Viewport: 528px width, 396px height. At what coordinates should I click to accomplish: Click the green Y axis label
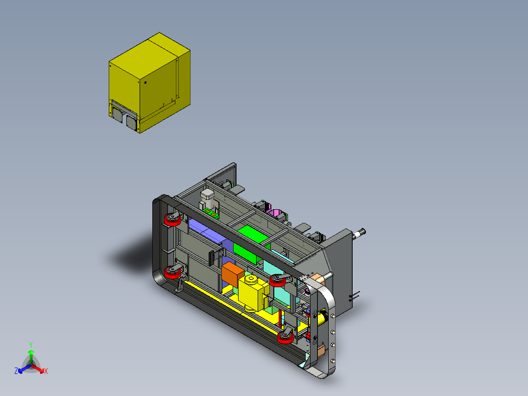[x=31, y=345]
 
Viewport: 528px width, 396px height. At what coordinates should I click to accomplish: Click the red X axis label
[x=46, y=371]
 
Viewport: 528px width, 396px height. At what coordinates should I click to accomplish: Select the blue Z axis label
[x=16, y=371]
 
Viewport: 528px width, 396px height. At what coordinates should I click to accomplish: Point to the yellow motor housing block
[x=253, y=293]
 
